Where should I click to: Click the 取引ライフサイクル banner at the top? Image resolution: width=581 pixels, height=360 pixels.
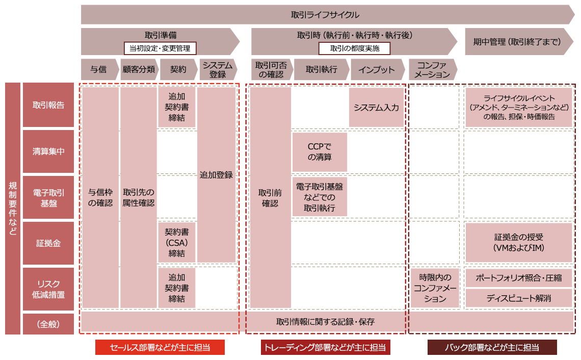(326, 15)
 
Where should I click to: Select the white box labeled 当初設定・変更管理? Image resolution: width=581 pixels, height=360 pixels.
(160, 48)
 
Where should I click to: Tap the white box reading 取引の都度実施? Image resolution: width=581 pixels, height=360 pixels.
(354, 48)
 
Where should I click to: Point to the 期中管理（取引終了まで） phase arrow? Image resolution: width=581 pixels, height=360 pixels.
(517, 42)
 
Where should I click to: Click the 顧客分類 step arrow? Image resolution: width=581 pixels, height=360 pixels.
(139, 70)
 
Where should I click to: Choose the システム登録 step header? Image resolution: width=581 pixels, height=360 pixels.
(217, 70)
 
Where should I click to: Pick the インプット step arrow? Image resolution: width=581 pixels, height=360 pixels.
(377, 70)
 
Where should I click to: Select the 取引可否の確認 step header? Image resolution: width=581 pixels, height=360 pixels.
(271, 70)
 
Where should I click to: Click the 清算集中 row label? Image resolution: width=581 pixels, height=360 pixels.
(48, 151)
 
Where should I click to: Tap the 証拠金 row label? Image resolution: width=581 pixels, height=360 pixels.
(48, 243)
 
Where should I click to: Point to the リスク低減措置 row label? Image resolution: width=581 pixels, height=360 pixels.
(48, 289)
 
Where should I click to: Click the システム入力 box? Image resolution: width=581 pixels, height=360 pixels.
(376, 108)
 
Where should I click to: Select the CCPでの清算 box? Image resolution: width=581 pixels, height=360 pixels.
(320, 152)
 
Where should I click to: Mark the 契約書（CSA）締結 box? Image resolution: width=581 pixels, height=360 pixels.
(177, 243)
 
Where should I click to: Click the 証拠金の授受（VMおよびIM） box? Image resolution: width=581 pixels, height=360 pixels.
(519, 243)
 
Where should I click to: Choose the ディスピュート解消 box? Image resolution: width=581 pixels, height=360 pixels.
(519, 298)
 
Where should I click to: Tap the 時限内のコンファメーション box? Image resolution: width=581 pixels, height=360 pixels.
(435, 288)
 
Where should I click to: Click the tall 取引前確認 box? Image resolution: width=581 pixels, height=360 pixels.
(270, 198)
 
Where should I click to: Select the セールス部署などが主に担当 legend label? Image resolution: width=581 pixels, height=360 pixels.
(160, 347)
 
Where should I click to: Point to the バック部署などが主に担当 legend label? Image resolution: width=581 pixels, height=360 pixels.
(492, 347)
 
